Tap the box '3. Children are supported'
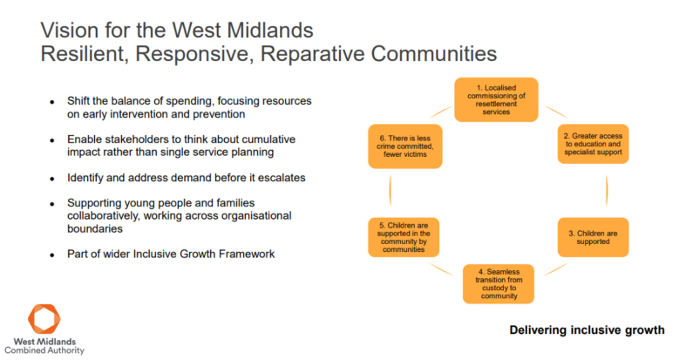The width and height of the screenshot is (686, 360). coord(593,235)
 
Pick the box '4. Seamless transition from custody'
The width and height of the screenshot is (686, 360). coord(498,282)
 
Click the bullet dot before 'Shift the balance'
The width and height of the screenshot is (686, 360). coord(52,102)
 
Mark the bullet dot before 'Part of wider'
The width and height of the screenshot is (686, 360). coord(52,255)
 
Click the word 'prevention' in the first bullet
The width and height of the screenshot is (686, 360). coord(215,114)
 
